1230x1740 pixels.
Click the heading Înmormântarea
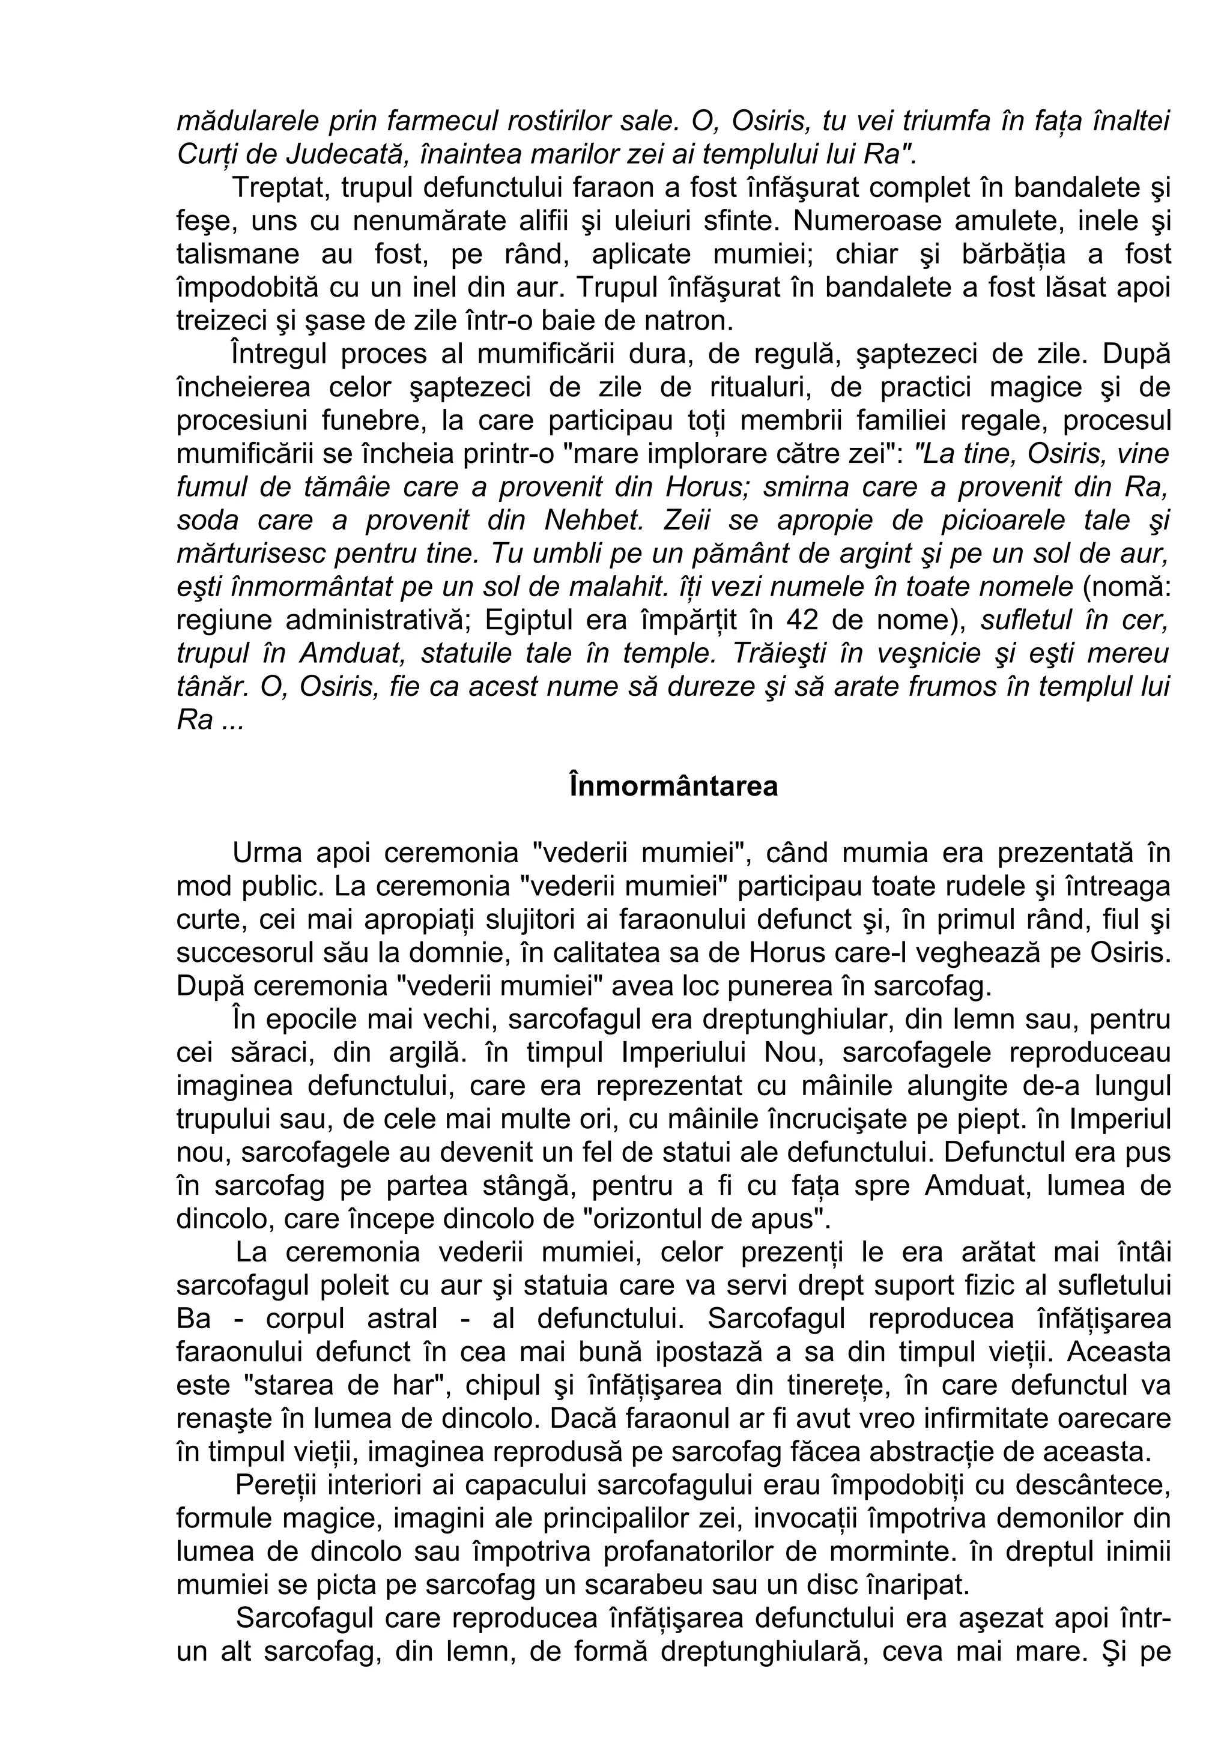tap(673, 786)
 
